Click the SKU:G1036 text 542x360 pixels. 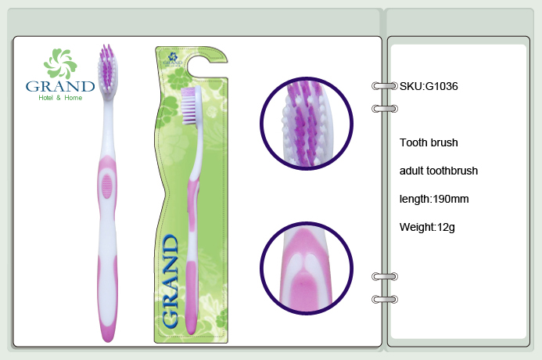click(x=429, y=86)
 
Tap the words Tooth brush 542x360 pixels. click(x=429, y=142)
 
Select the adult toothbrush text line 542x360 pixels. click(x=439, y=171)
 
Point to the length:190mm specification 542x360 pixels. click(x=434, y=199)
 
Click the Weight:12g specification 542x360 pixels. click(x=427, y=227)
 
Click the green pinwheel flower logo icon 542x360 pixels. click(x=60, y=63)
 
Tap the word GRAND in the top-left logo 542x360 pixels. click(x=60, y=86)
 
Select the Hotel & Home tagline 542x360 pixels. click(x=60, y=98)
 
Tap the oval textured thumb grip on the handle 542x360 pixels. click(x=107, y=186)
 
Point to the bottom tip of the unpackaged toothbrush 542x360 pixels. click(x=108, y=342)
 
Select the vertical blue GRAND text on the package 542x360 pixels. click(x=170, y=281)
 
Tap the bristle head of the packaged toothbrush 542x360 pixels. click(x=191, y=106)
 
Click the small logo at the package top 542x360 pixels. click(x=173, y=59)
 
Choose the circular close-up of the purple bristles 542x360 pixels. click(x=307, y=124)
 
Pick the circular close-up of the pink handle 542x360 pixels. click(x=307, y=268)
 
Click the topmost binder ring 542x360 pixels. click(x=385, y=86)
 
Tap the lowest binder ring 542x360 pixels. click(x=385, y=299)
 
